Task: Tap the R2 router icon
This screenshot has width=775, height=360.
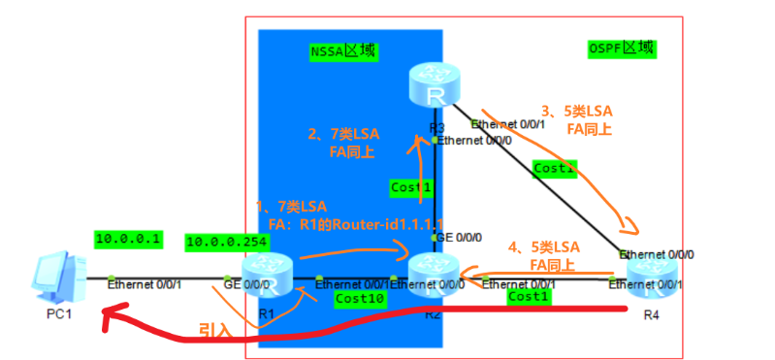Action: (434, 273)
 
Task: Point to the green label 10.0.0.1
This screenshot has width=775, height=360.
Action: (128, 238)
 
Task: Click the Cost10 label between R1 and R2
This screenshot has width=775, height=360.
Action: (359, 299)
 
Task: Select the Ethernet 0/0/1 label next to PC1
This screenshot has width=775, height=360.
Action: (145, 284)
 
